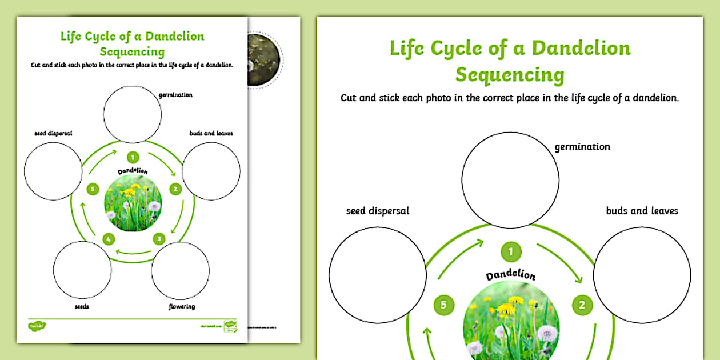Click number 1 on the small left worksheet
(133, 157)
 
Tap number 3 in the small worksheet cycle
(159, 239)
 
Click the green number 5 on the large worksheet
(443, 305)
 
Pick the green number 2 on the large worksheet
(582, 305)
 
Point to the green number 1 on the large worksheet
(511, 251)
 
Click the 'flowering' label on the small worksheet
(182, 307)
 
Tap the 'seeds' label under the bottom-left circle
(82, 307)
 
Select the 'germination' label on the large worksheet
(582, 147)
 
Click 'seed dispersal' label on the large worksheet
(378, 211)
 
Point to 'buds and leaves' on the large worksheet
(642, 211)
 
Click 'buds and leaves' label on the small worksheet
(211, 133)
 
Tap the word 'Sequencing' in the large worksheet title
(510, 75)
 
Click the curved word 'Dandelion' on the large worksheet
(510, 275)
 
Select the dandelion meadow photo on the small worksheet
(133, 202)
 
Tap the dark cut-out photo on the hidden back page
(263, 59)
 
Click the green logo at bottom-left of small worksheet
(37, 326)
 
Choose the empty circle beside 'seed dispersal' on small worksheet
(53, 171)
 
